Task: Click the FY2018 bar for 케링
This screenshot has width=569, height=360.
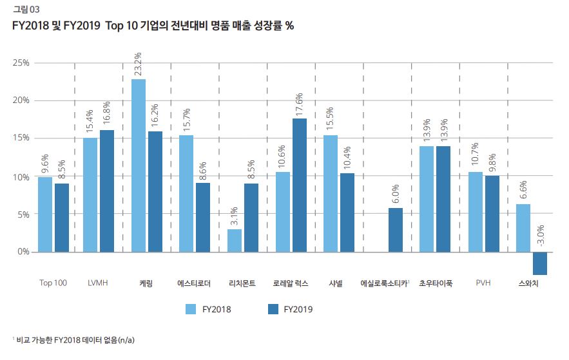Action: coord(139,166)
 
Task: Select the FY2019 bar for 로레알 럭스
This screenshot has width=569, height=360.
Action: coord(300,185)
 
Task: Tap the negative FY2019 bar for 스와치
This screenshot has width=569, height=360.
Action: coord(540,263)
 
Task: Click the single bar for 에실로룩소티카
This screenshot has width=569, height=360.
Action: coord(396,230)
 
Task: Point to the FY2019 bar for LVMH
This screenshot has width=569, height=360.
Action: coord(107,191)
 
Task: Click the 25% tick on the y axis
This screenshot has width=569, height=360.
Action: coord(22,63)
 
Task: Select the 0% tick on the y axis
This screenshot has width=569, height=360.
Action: coord(24,252)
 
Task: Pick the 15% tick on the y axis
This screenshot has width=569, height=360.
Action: coord(22,138)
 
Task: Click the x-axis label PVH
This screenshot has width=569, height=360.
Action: coord(483,283)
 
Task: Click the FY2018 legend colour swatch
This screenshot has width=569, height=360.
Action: coord(191,309)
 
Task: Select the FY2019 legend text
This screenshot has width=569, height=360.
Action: coord(298,309)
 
